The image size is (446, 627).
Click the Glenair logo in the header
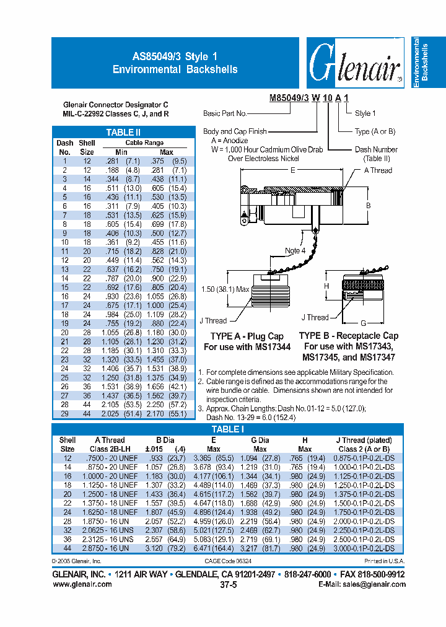[354, 63]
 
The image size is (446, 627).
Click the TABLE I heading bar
[228, 429]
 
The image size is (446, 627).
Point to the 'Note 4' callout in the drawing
[295, 250]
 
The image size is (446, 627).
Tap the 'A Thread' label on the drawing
[378, 170]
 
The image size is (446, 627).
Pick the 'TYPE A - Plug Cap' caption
[247, 336]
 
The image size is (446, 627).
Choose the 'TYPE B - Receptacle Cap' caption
[349, 335]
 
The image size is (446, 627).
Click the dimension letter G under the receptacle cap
[363, 323]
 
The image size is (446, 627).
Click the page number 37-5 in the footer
[228, 584]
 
